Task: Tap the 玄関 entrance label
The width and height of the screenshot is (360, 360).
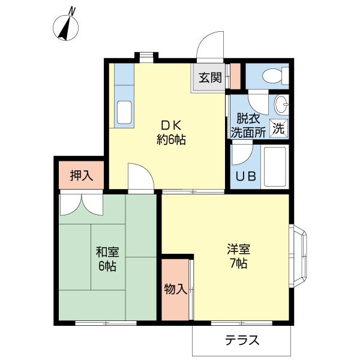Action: pyautogui.click(x=210, y=77)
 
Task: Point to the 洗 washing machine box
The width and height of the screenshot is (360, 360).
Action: pyautogui.click(x=278, y=127)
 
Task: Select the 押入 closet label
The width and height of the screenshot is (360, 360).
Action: pyautogui.click(x=82, y=175)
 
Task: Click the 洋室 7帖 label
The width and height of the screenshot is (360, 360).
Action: pyautogui.click(x=238, y=256)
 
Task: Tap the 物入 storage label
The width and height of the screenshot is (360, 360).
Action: pyautogui.click(x=175, y=289)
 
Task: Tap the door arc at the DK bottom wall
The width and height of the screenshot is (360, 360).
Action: pyautogui.click(x=140, y=177)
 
